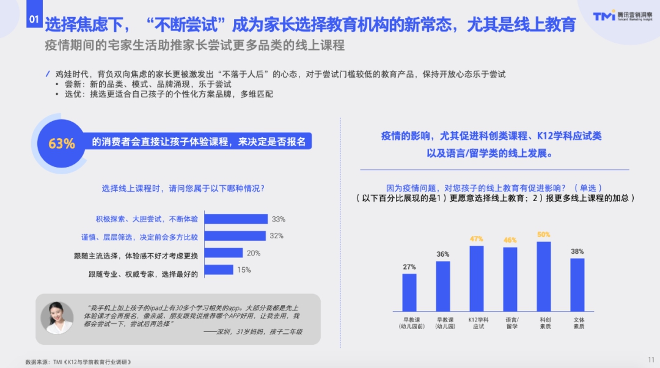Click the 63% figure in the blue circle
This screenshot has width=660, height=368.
point(62,144)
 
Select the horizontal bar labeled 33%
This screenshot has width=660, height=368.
point(236,219)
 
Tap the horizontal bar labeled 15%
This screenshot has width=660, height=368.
point(219,270)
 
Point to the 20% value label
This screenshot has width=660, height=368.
point(254,253)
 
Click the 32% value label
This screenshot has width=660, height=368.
point(277,236)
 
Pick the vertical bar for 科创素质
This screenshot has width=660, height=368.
point(544,277)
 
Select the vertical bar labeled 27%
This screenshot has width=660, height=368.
point(409,293)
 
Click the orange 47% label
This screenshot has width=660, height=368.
point(477,239)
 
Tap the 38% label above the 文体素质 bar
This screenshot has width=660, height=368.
point(577,251)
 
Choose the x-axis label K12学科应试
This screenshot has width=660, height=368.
point(478,323)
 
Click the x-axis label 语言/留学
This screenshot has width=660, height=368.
point(512,323)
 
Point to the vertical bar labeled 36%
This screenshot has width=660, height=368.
point(443,286)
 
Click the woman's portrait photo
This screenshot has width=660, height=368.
point(57,318)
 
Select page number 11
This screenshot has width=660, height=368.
point(651,359)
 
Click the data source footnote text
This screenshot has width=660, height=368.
point(78,362)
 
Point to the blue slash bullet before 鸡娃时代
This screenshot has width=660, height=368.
point(48,74)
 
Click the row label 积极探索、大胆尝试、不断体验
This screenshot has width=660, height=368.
point(147,219)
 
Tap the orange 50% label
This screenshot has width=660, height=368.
point(543,235)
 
